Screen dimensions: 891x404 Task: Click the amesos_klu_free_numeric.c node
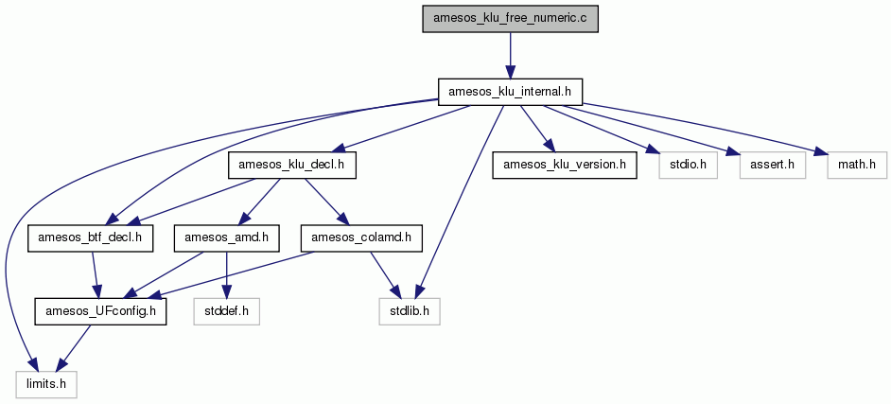coord(510,19)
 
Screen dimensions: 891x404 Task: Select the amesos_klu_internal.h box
coord(510,92)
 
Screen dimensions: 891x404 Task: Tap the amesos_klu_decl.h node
coord(292,166)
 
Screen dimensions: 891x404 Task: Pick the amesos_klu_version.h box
coord(565,166)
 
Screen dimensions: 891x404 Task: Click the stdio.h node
coord(688,166)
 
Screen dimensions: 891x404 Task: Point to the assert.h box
coord(773,166)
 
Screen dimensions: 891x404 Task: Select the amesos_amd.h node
coord(227,239)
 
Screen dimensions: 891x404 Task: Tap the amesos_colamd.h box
coord(361,239)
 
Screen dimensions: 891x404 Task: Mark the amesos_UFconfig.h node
coord(100,312)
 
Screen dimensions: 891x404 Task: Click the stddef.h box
coord(227,312)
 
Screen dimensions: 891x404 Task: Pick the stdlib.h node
coord(410,312)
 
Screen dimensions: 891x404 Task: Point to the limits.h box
coord(46,385)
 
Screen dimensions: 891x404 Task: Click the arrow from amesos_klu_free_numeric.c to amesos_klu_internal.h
coord(510,56)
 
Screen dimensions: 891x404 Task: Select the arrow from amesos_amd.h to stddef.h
coord(227,275)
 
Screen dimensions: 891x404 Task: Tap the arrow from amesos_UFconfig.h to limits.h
coord(76,348)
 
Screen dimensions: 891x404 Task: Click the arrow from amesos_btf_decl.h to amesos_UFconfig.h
coord(96,275)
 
